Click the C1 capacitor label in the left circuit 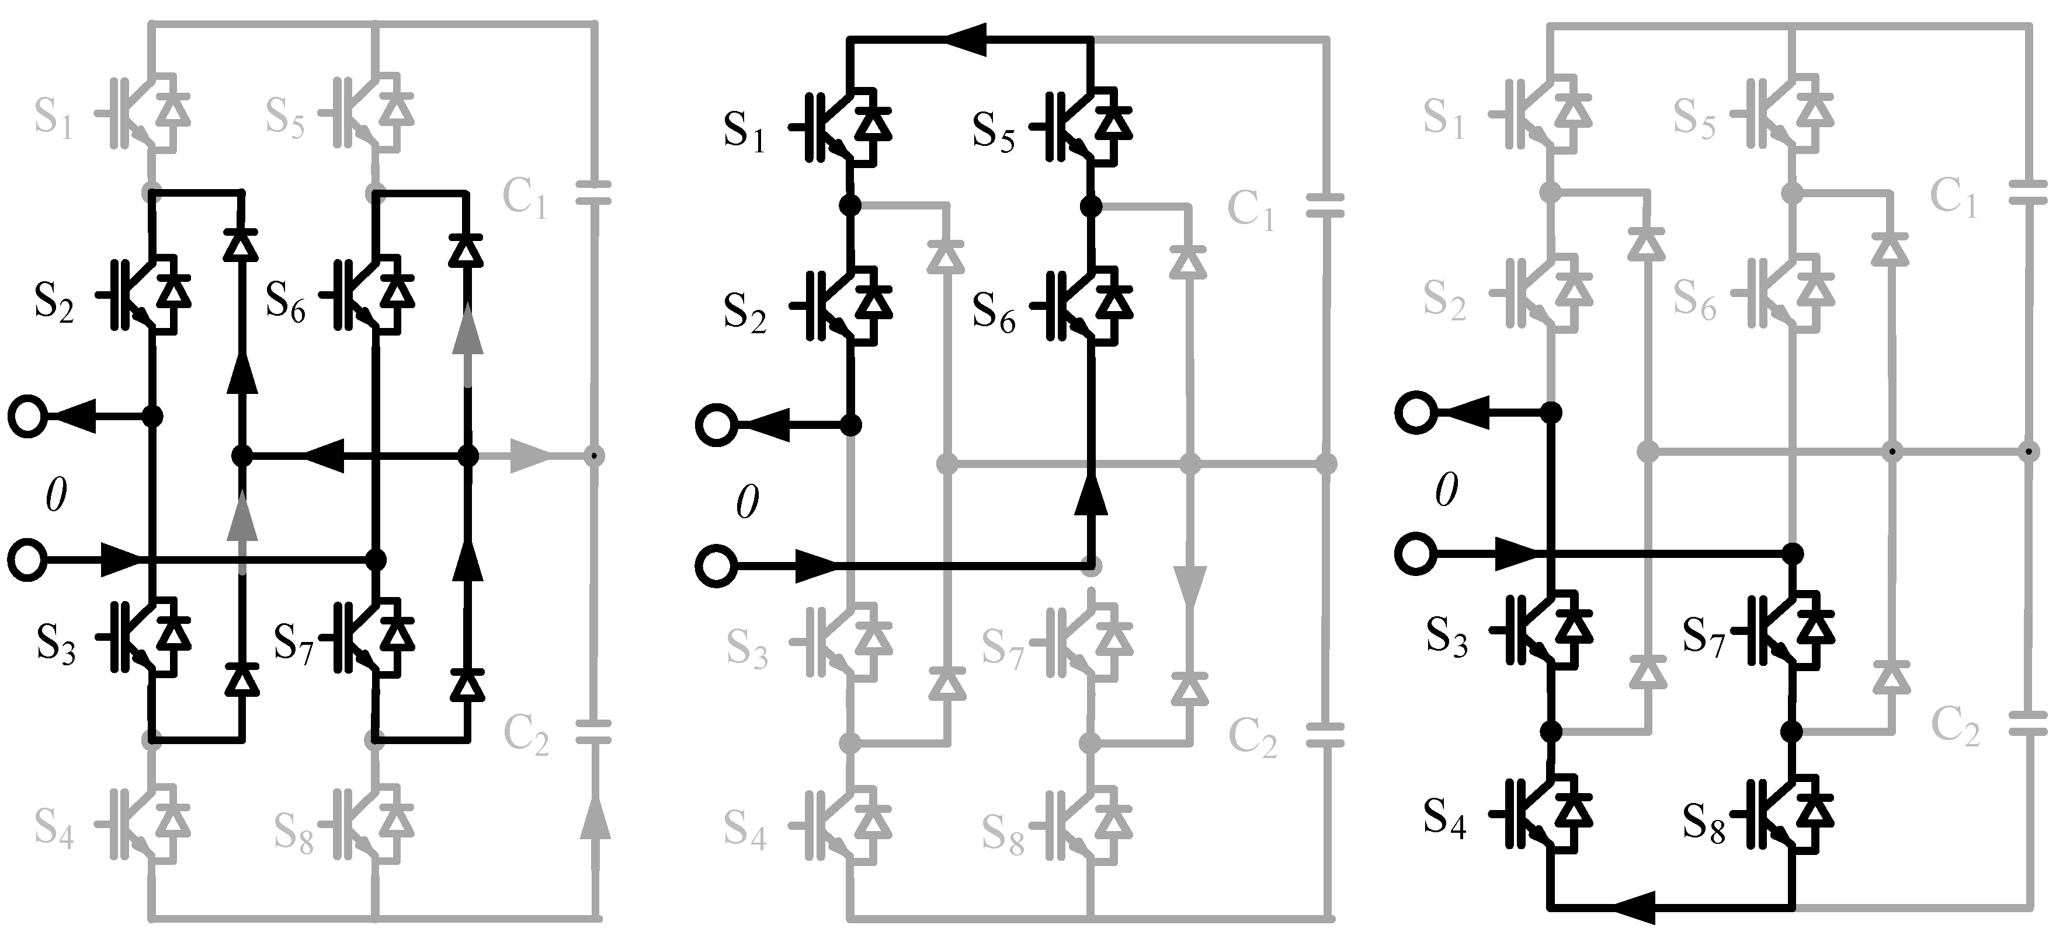point(525,198)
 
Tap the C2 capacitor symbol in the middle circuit point(1325,734)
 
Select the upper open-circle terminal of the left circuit point(28,416)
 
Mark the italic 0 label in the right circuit point(1446,490)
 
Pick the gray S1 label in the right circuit point(1443,118)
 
